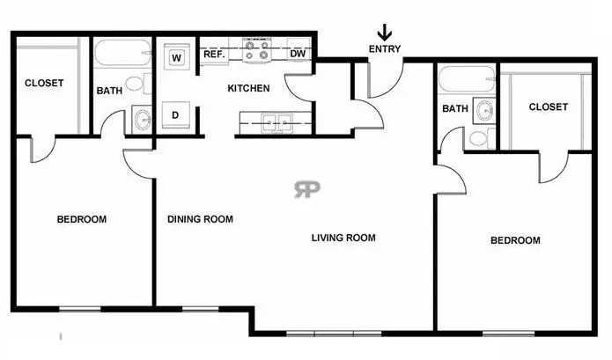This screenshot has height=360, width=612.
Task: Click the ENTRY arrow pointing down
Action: pos(385,33)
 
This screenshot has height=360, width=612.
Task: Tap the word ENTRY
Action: pos(385,49)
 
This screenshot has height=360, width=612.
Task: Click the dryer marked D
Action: pos(175,115)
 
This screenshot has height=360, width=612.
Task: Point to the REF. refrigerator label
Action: pos(214,54)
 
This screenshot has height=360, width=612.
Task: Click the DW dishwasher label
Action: pos(298,54)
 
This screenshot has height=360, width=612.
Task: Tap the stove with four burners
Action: pos(257,50)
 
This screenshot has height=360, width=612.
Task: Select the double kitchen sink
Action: pos(277,123)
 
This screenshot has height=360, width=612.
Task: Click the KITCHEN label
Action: pos(248,88)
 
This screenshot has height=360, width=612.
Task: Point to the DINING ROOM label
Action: pos(200,219)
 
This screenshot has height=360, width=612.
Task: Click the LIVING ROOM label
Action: pos(343,238)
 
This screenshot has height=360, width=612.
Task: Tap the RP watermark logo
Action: pos(306,189)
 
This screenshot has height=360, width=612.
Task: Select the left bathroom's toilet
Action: pos(138,84)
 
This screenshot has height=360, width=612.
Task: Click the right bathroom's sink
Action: pos(484,110)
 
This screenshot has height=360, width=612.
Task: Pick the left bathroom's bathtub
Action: pos(122,54)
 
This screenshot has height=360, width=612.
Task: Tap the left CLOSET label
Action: pos(44,83)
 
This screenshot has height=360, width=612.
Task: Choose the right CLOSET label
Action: pos(549,107)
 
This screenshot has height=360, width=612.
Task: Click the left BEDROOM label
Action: pos(82,219)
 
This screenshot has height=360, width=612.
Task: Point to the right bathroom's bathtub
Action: pos(467,79)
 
